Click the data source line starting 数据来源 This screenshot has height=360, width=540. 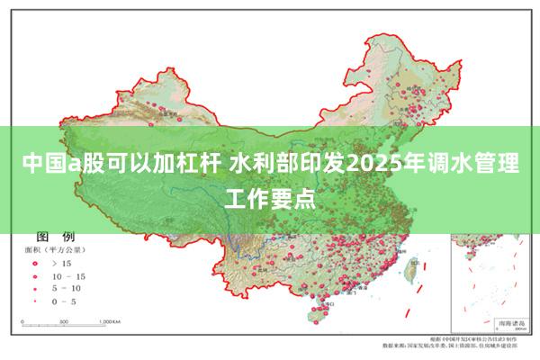(450, 346)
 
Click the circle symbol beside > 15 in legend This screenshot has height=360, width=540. (35, 262)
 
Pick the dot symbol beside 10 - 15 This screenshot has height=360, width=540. (35, 275)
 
